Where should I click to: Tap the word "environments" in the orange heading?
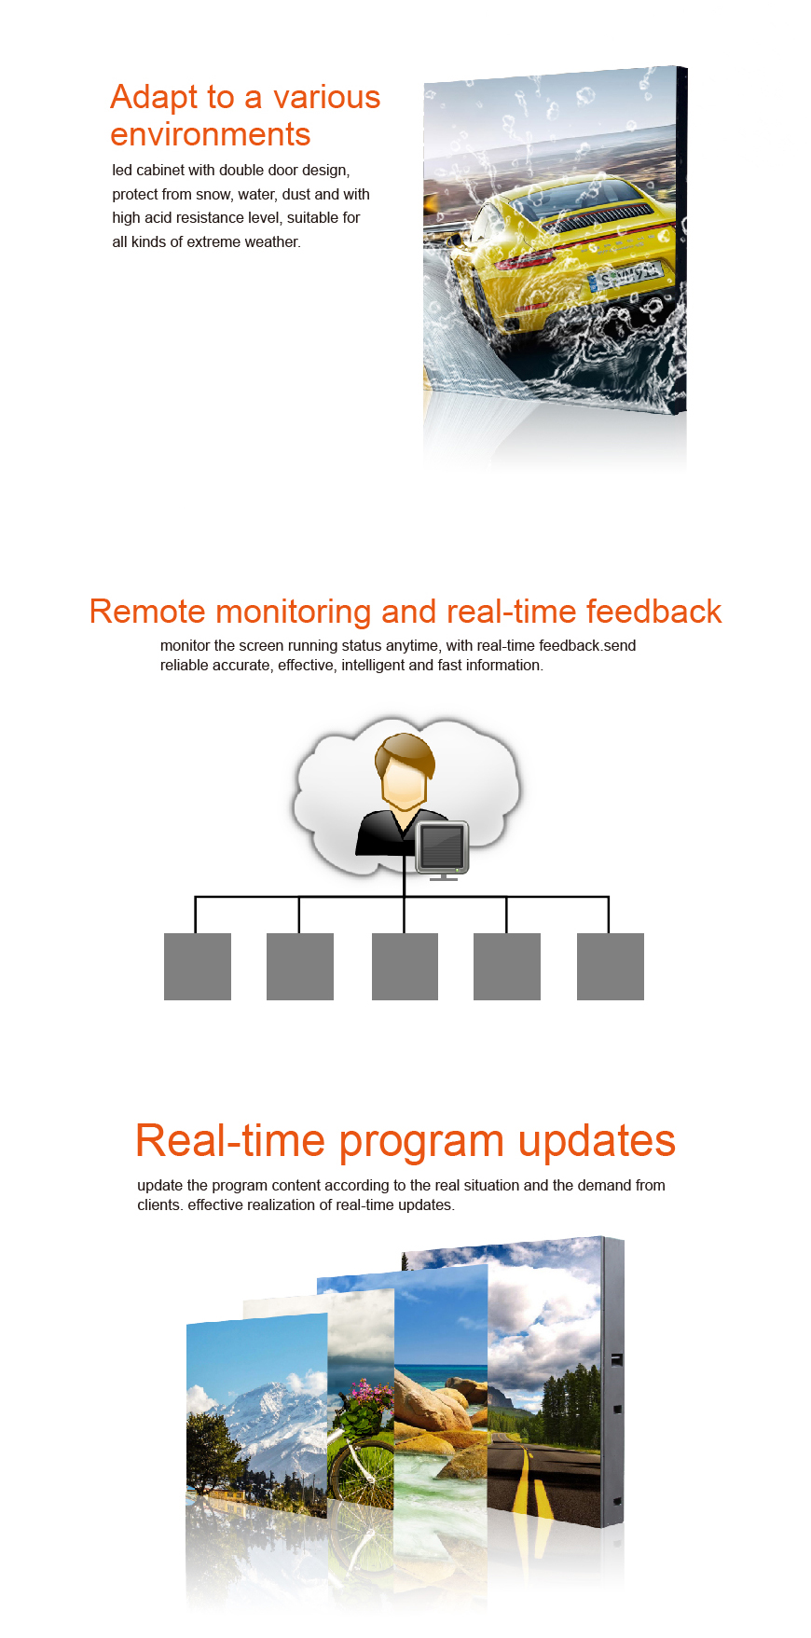coord(211,135)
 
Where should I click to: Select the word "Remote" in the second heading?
coord(148,612)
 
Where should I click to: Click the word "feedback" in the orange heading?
coord(653,612)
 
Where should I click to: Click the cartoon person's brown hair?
coord(405,752)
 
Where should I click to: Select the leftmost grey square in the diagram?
coord(198,967)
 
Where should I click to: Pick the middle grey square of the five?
coord(405,967)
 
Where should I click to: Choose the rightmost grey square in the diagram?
coord(611,967)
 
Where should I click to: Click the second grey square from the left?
coord(300,967)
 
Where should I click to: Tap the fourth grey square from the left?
coord(507,967)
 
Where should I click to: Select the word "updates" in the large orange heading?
coord(597,1141)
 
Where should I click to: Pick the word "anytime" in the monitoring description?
coord(412,646)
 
